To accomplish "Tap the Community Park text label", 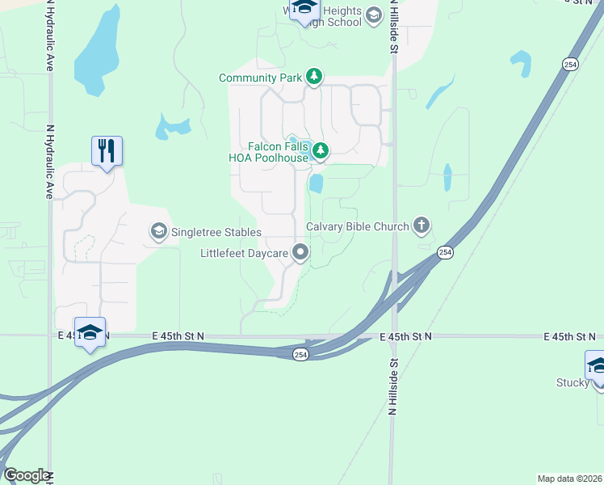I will coord(260,78).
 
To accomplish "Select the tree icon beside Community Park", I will coord(314,78).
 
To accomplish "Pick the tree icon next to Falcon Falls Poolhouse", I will coord(321,150).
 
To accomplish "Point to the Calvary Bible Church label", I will coord(358,226).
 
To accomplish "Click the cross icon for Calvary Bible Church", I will coord(421,226).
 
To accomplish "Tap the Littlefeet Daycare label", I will coord(245,254).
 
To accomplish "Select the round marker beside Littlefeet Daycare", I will coord(301,253).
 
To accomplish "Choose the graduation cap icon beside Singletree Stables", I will coord(158,233).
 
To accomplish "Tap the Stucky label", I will coord(573,382).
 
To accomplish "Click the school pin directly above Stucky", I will coord(597,366).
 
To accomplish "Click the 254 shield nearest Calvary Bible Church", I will coord(445,253).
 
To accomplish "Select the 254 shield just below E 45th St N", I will coord(300,356).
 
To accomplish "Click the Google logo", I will coord(26,475).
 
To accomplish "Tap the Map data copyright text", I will coord(570,478).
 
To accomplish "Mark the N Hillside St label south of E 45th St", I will coord(394,386).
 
